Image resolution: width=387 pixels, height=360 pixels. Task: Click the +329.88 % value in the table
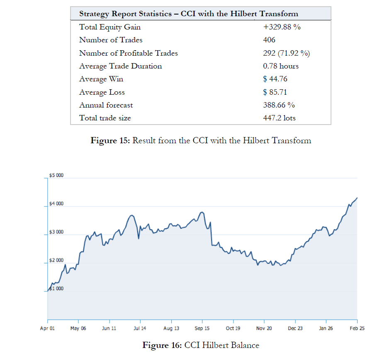282,27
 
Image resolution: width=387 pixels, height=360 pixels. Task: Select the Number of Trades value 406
269,40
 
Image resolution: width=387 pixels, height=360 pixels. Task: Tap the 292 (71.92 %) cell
287,53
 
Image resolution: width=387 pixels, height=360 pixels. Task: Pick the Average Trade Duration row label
120,66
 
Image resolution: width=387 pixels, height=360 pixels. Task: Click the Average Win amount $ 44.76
275,79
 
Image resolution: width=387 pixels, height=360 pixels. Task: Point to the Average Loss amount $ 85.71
275,92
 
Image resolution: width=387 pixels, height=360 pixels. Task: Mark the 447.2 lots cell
279,118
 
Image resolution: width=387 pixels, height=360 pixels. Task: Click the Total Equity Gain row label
110,27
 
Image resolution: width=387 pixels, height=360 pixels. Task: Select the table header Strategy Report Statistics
188,14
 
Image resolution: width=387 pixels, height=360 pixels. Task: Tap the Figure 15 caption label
110,140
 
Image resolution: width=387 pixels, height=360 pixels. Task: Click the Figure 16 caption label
162,345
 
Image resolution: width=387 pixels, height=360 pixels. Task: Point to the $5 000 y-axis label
56,176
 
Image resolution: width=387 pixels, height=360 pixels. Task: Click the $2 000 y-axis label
56,260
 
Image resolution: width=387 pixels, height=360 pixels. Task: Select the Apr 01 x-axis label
48,328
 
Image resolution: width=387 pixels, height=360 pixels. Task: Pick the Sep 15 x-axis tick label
202,328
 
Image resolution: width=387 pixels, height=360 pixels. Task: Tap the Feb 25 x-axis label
357,328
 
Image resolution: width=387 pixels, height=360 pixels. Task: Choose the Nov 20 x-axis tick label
264,328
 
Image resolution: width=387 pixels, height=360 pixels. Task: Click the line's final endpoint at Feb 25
357,198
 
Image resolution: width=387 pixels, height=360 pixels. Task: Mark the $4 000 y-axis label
56,204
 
